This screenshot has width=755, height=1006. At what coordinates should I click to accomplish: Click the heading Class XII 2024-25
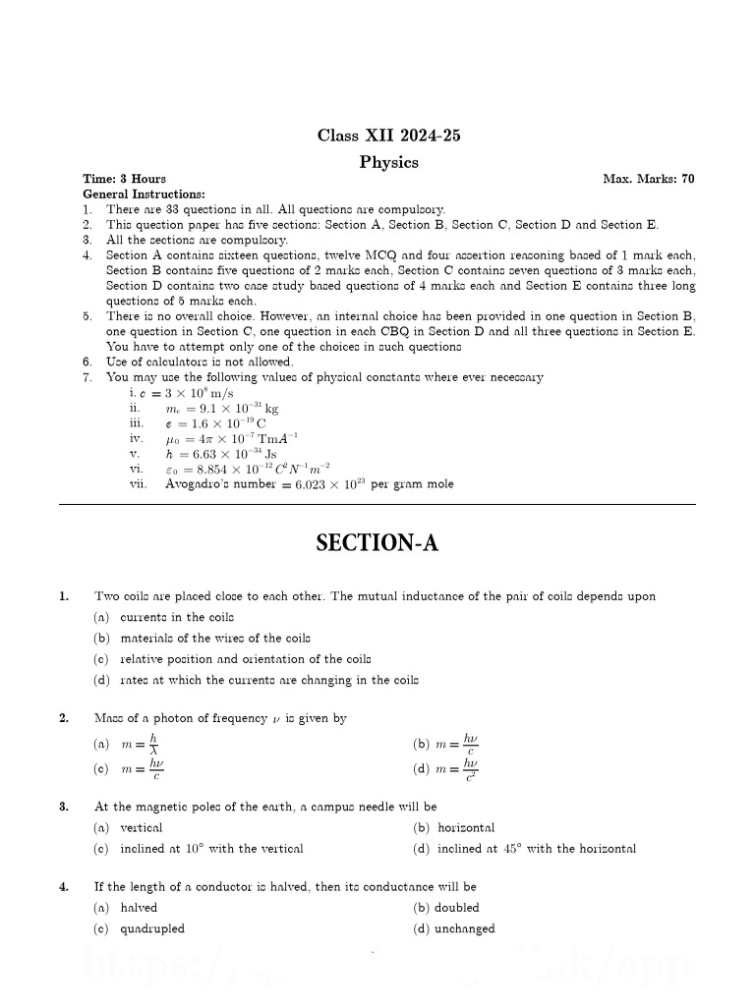pyautogui.click(x=388, y=136)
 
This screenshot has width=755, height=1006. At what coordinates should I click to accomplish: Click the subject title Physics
pyautogui.click(x=388, y=162)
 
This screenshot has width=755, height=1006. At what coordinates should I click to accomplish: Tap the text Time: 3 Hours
pyautogui.click(x=124, y=179)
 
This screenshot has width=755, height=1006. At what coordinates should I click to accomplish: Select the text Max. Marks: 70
pyautogui.click(x=648, y=179)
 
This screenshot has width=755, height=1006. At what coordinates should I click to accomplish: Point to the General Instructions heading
pyautogui.click(x=144, y=195)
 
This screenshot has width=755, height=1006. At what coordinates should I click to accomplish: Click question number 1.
pyautogui.click(x=64, y=596)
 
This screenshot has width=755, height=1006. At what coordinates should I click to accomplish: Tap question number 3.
pyautogui.click(x=64, y=807)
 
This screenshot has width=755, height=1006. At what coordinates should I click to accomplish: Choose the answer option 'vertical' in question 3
pyautogui.click(x=141, y=828)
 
